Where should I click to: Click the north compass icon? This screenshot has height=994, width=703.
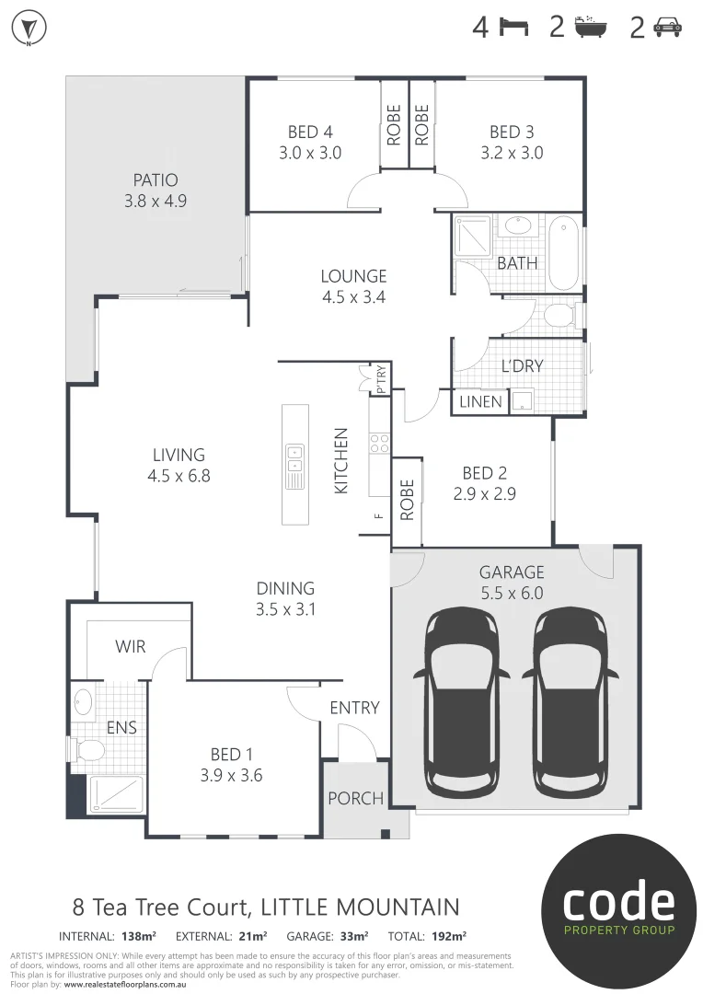pyautogui.click(x=29, y=29)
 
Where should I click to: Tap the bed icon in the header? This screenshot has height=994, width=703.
pyautogui.click(x=514, y=28)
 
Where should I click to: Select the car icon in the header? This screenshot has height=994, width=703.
pyautogui.click(x=667, y=29)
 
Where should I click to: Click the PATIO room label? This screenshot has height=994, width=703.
pyautogui.click(x=155, y=180)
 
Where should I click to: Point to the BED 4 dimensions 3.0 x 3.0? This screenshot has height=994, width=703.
pyautogui.click(x=310, y=154)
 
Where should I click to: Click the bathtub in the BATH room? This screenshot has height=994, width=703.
pyautogui.click(x=564, y=252)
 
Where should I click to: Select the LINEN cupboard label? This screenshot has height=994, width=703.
pyautogui.click(x=480, y=402)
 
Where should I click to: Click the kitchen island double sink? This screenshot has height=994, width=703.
pyautogui.click(x=295, y=465)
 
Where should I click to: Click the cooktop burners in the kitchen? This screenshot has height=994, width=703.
pyautogui.click(x=379, y=443)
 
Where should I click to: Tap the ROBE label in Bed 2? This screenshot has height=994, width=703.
pyautogui.click(x=407, y=500)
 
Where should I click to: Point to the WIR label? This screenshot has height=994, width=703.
pyautogui.click(x=130, y=648)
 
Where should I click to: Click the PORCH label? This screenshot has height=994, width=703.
pyautogui.click(x=355, y=798)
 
